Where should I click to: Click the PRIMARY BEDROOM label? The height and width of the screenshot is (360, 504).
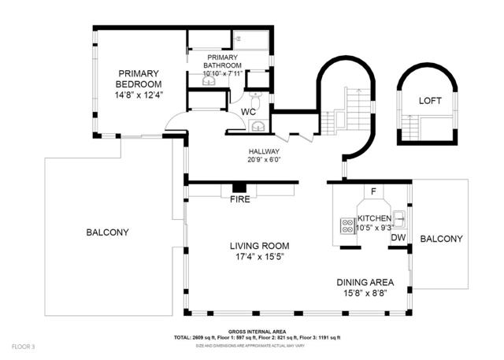pos(139,78)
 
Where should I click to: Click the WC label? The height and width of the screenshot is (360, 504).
pos(248,112)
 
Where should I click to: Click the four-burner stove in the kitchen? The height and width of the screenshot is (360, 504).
pos(346,226)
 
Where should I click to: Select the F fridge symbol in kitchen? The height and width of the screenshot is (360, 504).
pos(373,191)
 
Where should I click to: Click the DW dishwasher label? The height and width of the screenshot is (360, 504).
pos(398,237)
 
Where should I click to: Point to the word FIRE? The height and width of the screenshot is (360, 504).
pos(239,199)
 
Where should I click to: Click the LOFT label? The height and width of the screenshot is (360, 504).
pos(429,100)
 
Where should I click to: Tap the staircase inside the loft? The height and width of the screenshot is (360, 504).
pos(411,126)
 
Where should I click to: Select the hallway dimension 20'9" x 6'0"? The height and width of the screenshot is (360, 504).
pos(265,159)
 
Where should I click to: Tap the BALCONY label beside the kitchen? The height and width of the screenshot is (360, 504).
pos(441,239)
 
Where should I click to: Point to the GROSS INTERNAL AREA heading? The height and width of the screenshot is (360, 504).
pos(257,332)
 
